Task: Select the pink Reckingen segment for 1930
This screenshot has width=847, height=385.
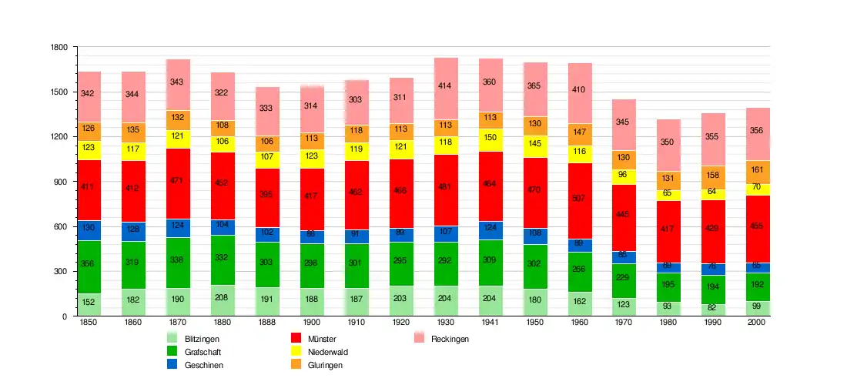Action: pos(447,89)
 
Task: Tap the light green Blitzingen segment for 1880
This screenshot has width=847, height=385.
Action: pos(223,301)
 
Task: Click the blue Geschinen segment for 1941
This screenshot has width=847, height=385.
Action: pos(491,230)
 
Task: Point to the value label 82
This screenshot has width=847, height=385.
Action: pos(714,308)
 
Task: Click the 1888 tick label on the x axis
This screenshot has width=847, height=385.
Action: pos(268,323)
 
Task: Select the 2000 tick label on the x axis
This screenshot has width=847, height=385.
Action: pos(758,323)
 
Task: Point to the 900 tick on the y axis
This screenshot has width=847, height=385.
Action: pos(62,182)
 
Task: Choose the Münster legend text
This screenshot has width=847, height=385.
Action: pos(322,339)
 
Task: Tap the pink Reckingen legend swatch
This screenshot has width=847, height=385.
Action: pos(420,338)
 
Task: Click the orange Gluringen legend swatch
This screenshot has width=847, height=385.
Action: pos(296,364)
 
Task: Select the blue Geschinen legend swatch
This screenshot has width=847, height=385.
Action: pos(172,364)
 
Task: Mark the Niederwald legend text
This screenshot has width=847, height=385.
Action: pos(328,352)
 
